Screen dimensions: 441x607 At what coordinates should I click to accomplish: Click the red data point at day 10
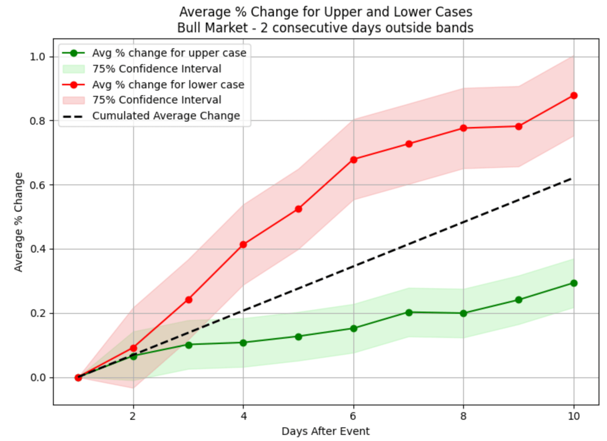tap(574, 95)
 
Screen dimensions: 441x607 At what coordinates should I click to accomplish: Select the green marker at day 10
tap(574, 283)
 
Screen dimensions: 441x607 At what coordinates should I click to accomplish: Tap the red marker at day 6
tap(354, 160)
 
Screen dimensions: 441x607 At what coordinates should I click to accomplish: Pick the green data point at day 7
tap(409, 312)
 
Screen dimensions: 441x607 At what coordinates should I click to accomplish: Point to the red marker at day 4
tap(243, 245)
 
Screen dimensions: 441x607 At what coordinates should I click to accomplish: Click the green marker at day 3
tap(189, 345)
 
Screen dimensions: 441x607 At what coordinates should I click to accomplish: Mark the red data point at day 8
tap(464, 128)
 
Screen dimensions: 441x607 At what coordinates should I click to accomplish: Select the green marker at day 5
tap(299, 337)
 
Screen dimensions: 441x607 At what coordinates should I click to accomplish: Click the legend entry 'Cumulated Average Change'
tap(166, 116)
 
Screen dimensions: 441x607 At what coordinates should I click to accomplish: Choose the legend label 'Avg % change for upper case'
tap(169, 53)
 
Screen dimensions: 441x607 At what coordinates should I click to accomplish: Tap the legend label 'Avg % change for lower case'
tap(168, 85)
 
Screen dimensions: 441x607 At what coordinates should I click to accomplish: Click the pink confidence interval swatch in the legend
tap(74, 100)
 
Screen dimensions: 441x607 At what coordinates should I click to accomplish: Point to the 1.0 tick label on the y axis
tap(38, 57)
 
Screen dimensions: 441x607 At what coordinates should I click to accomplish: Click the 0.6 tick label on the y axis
tap(38, 185)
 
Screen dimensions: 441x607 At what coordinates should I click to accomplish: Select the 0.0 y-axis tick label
tap(38, 378)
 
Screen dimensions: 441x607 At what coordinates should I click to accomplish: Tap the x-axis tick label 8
tap(464, 416)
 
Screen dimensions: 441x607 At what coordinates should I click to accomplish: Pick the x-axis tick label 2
tap(133, 416)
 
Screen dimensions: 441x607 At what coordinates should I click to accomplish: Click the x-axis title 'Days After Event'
tap(325, 431)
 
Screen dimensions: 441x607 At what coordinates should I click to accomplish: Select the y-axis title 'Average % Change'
tap(18, 222)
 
